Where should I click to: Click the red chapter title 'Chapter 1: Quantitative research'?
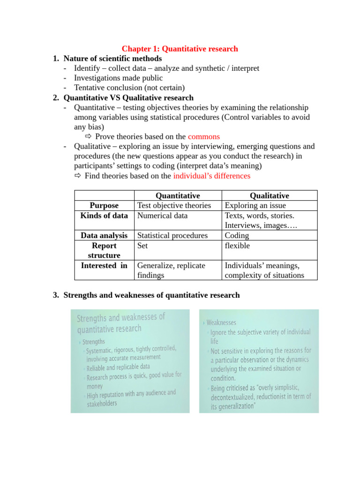(180, 49)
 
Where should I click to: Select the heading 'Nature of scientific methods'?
(112, 59)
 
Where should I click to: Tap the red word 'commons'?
(203, 137)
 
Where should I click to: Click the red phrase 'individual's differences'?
(211, 176)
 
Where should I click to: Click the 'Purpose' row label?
(104, 206)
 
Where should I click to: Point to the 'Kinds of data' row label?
(104, 216)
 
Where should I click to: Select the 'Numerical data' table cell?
(162, 216)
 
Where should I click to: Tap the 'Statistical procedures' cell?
(172, 236)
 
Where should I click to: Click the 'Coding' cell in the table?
(237, 236)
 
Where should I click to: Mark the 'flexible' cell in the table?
(237, 246)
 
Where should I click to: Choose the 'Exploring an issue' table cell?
(255, 206)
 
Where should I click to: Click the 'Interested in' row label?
(104, 266)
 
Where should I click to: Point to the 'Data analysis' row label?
(104, 236)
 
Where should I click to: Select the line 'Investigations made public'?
(118, 78)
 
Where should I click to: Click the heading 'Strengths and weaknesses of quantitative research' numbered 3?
(151, 295)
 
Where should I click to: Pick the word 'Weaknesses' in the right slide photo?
(221, 322)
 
